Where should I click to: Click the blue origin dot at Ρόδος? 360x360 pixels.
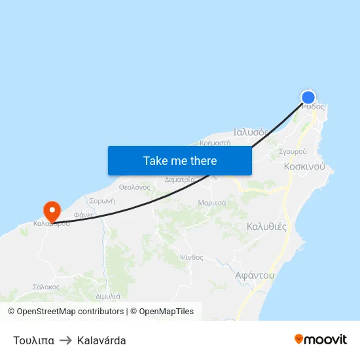[308, 98]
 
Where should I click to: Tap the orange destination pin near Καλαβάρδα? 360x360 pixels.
[52, 211]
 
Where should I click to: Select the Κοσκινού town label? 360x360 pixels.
[304, 167]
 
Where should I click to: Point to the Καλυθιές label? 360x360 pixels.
[266, 226]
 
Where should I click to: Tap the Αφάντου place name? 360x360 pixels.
[255, 276]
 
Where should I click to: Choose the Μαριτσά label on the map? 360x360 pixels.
[212, 203]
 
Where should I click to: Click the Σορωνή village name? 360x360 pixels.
[103, 201]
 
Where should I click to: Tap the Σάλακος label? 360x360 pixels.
[46, 287]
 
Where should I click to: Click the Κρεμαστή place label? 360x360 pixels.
[215, 142]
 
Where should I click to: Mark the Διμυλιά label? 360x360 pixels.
[107, 297]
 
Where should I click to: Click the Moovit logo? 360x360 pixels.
[320, 340]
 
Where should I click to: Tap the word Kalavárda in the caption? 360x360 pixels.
[101, 340]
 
